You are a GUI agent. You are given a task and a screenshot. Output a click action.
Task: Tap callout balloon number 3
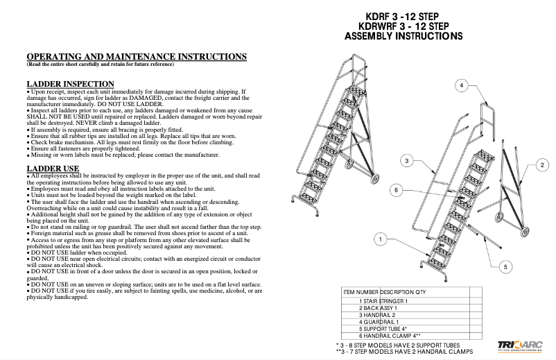click(408, 160)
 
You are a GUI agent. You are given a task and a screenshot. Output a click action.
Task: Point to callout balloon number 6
click(397, 190)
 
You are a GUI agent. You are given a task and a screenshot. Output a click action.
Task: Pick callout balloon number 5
click(505, 267)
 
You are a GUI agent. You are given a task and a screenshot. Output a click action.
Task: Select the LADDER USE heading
click(53, 169)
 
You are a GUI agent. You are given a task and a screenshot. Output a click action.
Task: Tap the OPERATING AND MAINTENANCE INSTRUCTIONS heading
click(136, 55)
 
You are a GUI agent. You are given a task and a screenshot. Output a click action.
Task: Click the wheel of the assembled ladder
click(378, 179)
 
